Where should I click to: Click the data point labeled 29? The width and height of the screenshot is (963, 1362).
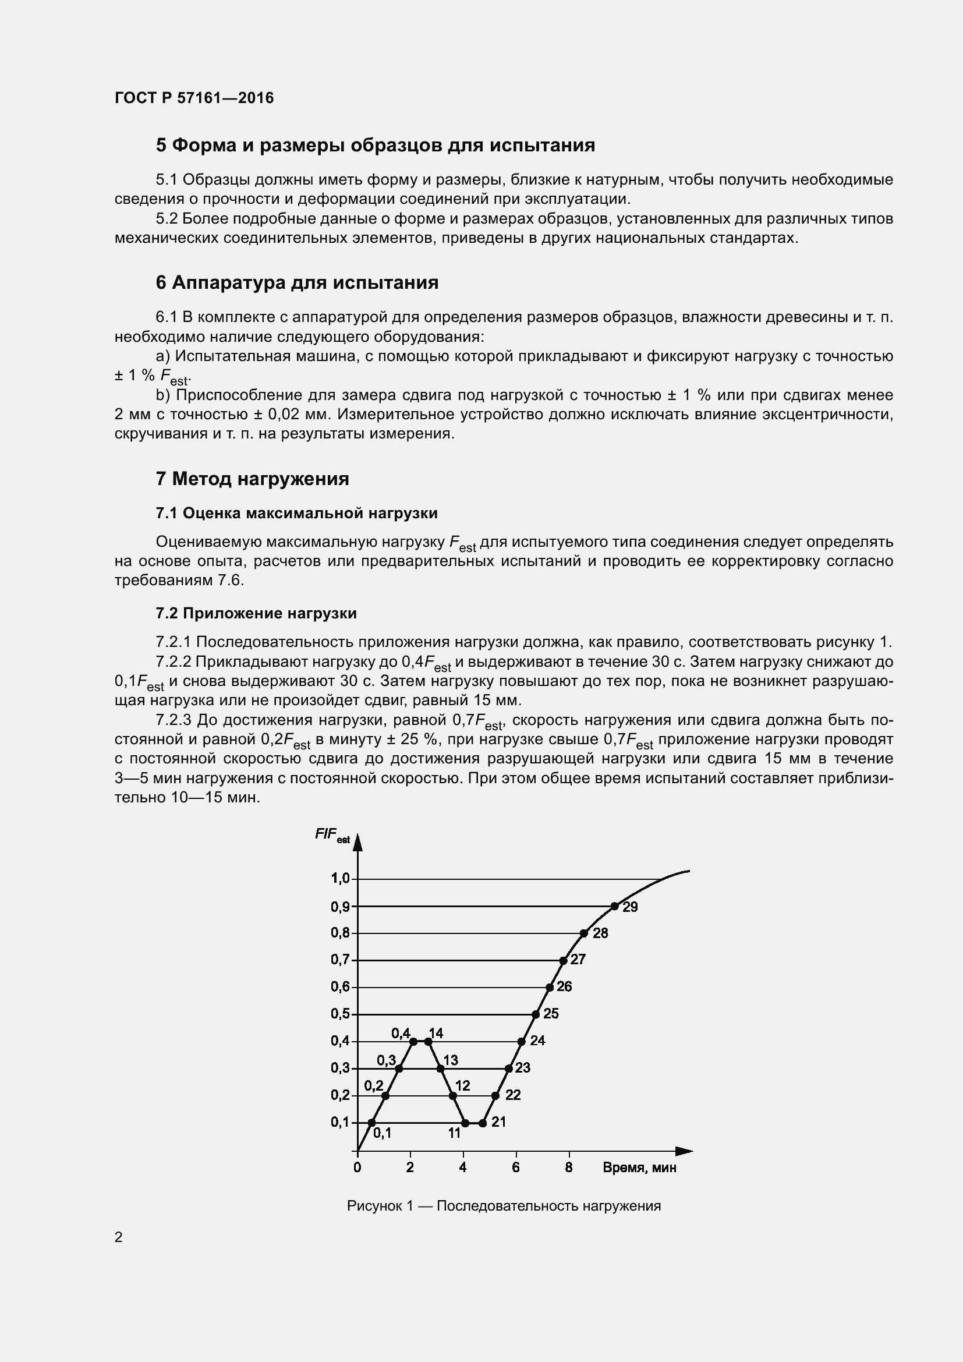[614, 906]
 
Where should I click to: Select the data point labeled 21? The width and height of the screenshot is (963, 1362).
[483, 1123]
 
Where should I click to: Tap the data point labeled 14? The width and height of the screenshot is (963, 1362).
[428, 1041]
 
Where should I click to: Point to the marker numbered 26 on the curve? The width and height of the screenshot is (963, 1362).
[550, 987]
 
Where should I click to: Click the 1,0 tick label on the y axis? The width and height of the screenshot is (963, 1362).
[340, 878]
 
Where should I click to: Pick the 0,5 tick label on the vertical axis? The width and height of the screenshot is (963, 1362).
[340, 1013]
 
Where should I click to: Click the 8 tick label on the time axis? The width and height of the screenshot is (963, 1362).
[569, 1168]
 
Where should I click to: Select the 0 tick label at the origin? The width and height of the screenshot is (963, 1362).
[357, 1168]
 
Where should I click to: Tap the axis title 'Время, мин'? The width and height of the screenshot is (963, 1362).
[639, 1168]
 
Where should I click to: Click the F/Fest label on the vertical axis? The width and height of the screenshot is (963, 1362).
[332, 835]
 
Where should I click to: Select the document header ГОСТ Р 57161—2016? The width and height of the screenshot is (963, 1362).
[194, 98]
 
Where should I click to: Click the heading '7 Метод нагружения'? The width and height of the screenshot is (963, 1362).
[252, 479]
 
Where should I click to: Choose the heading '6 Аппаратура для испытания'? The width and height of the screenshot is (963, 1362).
[296, 283]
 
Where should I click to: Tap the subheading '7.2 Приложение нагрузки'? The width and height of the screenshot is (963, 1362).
[256, 613]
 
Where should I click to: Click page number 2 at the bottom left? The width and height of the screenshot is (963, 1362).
[119, 1237]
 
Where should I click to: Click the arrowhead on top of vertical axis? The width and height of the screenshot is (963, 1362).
[357, 843]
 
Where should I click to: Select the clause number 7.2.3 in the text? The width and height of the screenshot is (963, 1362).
[173, 720]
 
